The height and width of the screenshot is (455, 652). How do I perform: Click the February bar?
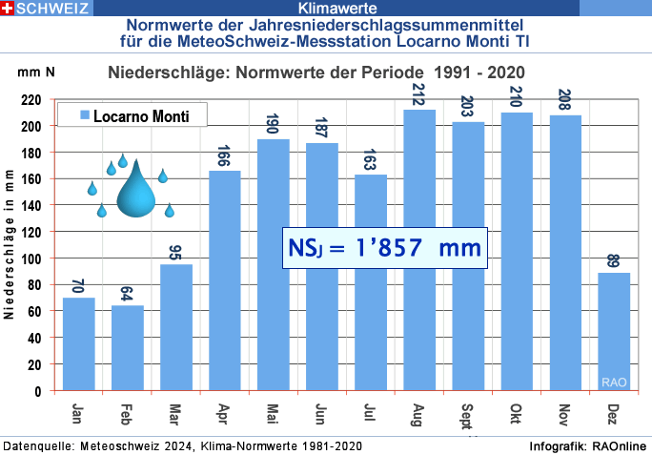128,347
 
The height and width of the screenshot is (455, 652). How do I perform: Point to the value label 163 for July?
371,159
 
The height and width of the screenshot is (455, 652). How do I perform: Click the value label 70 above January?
79,286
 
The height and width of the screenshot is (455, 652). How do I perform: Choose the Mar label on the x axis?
176,415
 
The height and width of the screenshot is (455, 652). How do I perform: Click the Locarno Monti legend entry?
132,116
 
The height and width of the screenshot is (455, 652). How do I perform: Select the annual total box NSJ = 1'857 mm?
384,247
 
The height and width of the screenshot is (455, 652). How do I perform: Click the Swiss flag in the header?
8,8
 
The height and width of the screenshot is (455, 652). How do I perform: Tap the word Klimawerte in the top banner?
325,9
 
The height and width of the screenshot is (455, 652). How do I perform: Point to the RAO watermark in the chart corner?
613,383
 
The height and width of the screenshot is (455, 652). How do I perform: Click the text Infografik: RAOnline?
587,446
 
